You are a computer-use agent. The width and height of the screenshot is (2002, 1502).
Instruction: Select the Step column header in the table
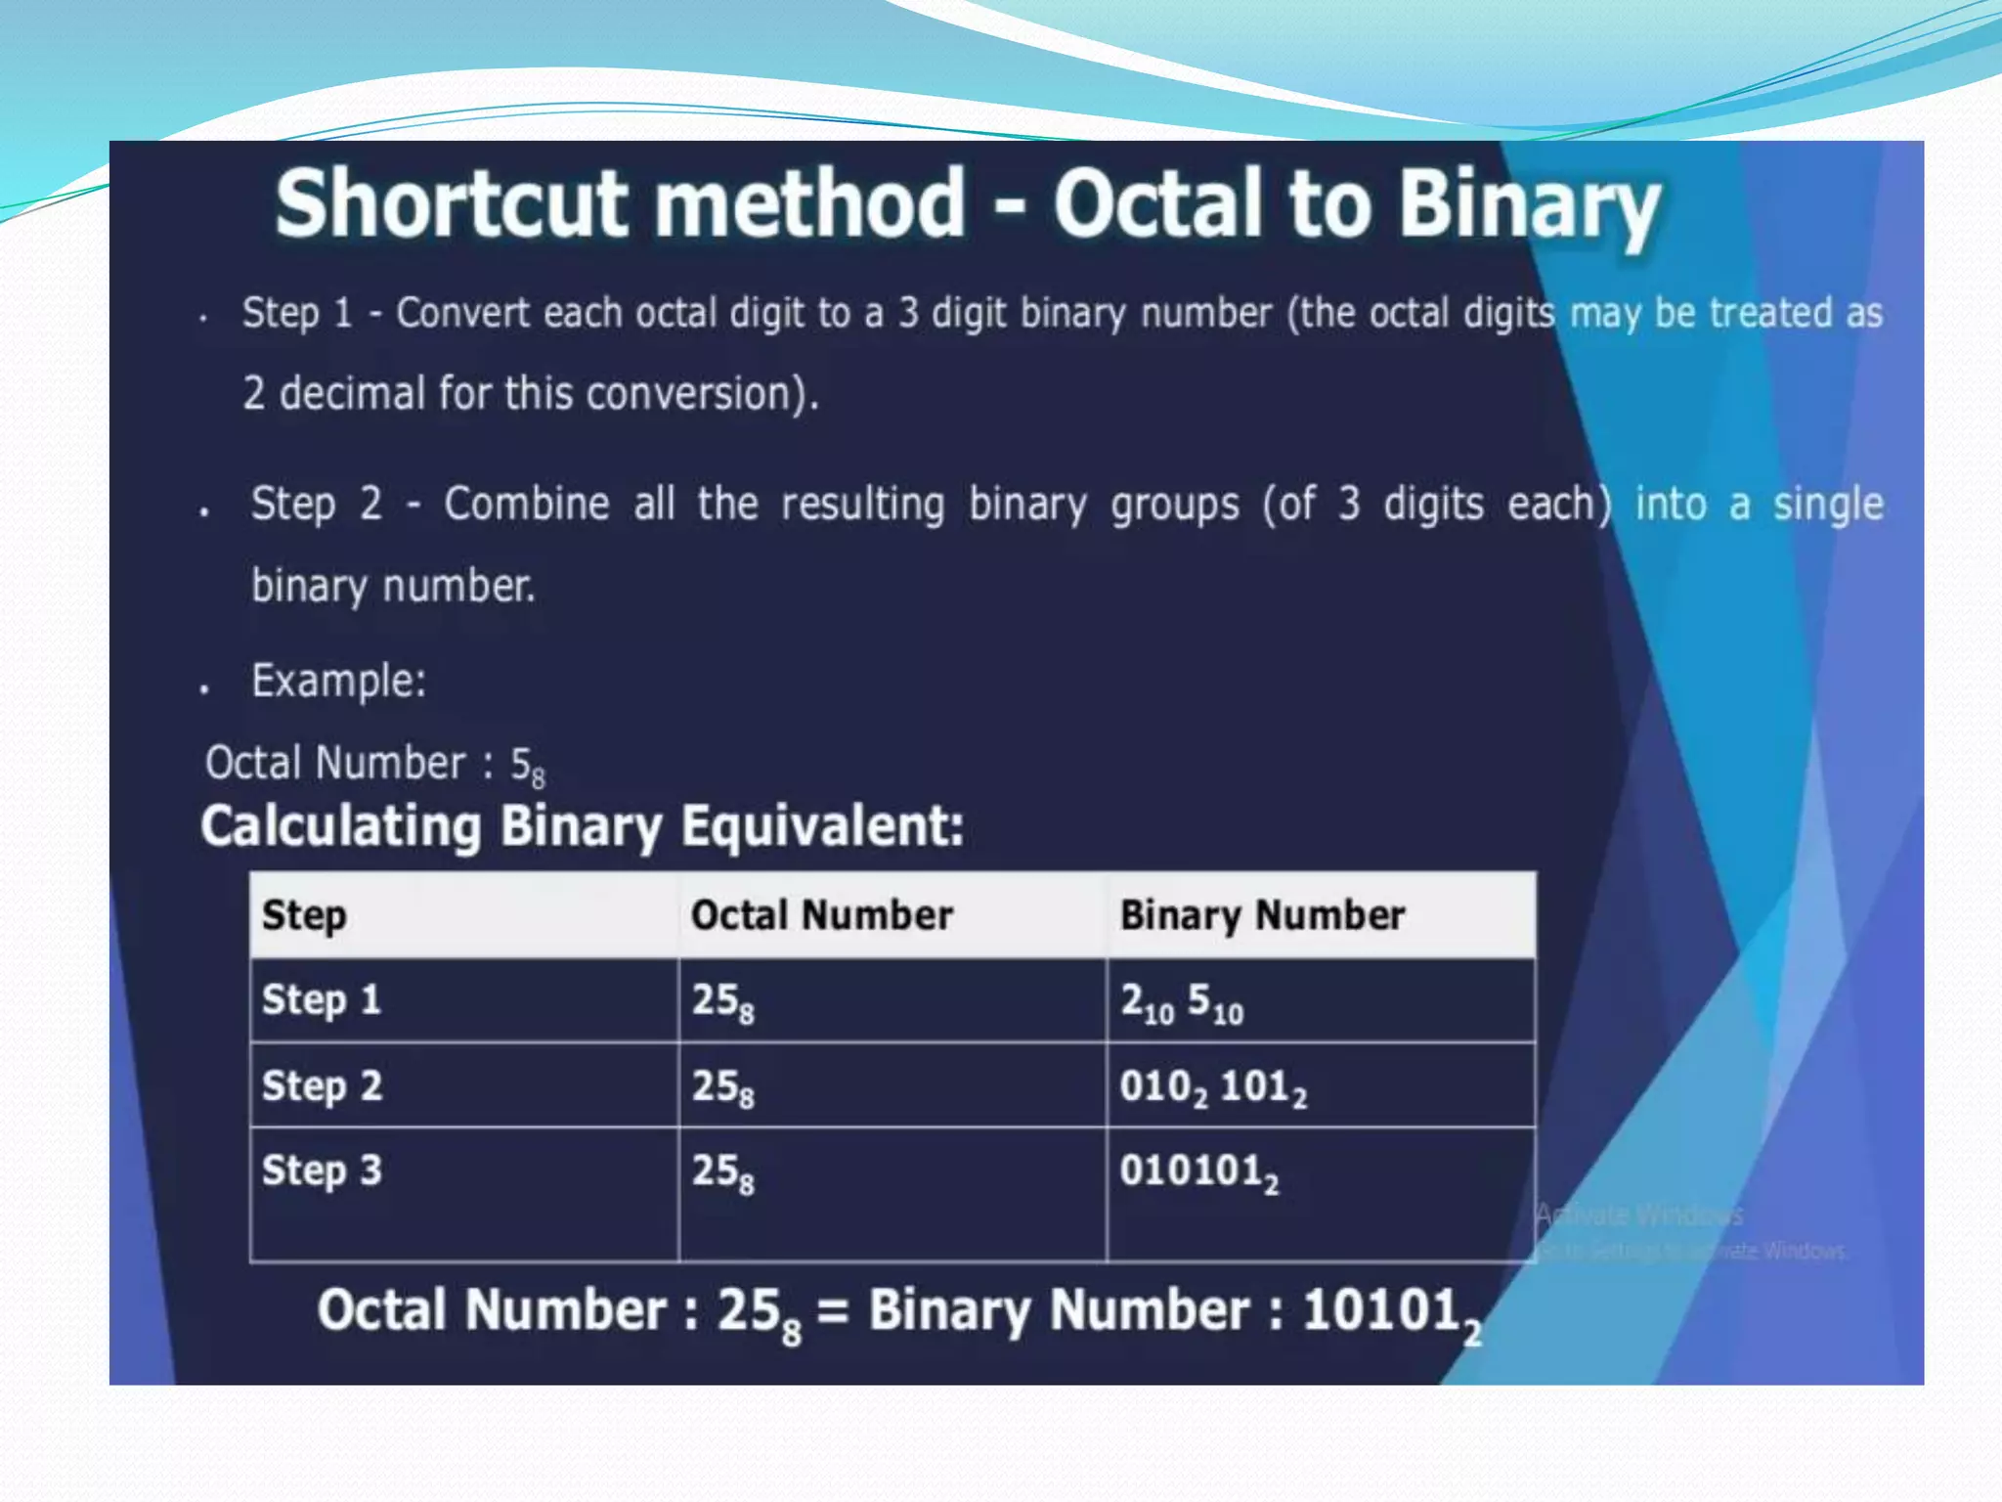(x=304, y=916)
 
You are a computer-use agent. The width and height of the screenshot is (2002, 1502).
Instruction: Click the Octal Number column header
(x=821, y=916)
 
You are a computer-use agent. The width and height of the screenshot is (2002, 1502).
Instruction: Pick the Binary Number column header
(x=1262, y=916)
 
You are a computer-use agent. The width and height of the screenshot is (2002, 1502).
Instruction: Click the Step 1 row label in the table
(x=322, y=1000)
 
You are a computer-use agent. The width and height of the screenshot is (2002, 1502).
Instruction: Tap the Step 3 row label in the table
(x=322, y=1171)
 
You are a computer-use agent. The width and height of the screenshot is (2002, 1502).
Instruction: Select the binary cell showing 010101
(x=1198, y=1172)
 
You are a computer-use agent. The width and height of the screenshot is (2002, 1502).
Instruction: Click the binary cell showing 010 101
(x=1212, y=1087)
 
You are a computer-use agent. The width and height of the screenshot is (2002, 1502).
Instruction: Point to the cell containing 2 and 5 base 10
(x=1181, y=1002)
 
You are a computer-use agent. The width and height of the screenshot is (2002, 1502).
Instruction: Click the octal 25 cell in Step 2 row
(x=722, y=1087)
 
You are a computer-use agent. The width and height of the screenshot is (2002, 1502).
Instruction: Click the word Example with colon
(x=338, y=681)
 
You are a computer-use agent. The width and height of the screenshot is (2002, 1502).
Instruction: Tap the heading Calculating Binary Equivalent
(x=582, y=826)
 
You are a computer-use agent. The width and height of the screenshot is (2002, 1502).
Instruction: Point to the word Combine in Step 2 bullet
(x=526, y=505)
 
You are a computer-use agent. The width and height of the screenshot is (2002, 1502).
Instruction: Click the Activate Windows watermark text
(x=1639, y=1215)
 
